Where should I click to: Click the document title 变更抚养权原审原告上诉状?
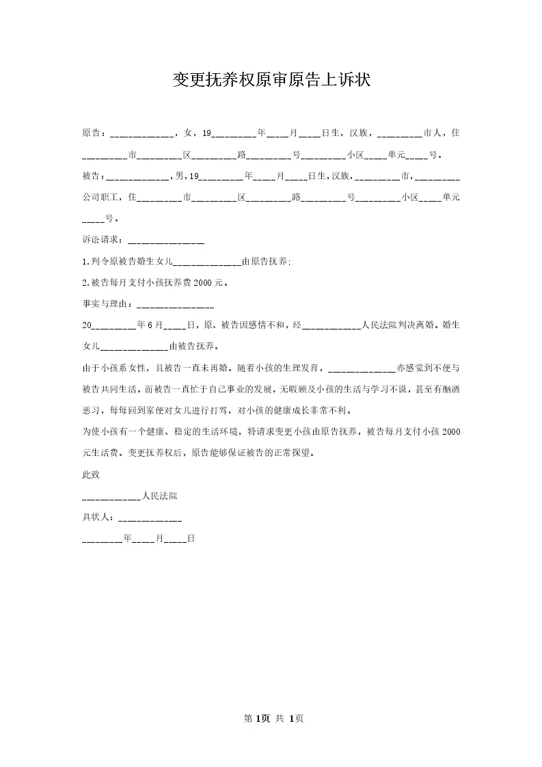pyautogui.click(x=271, y=81)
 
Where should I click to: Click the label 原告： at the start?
pyautogui.click(x=95, y=133)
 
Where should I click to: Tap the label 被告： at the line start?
pyautogui.click(x=95, y=176)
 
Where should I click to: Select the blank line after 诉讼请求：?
pyautogui.click(x=166, y=243)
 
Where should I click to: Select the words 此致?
pyautogui.click(x=90, y=474)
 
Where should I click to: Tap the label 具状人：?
pyautogui.click(x=99, y=517)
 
